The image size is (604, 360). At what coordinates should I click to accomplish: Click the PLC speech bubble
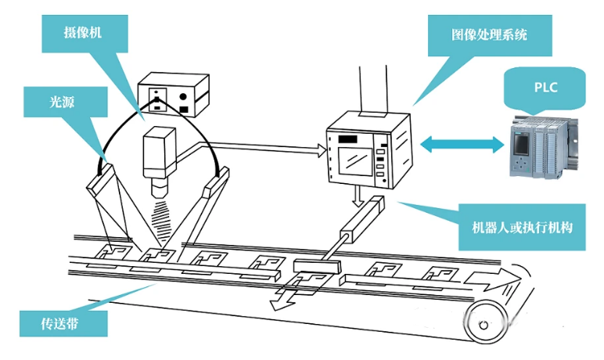[545, 87]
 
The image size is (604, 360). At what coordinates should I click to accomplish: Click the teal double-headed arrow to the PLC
[462, 143]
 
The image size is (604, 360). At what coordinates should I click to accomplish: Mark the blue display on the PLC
[521, 145]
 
